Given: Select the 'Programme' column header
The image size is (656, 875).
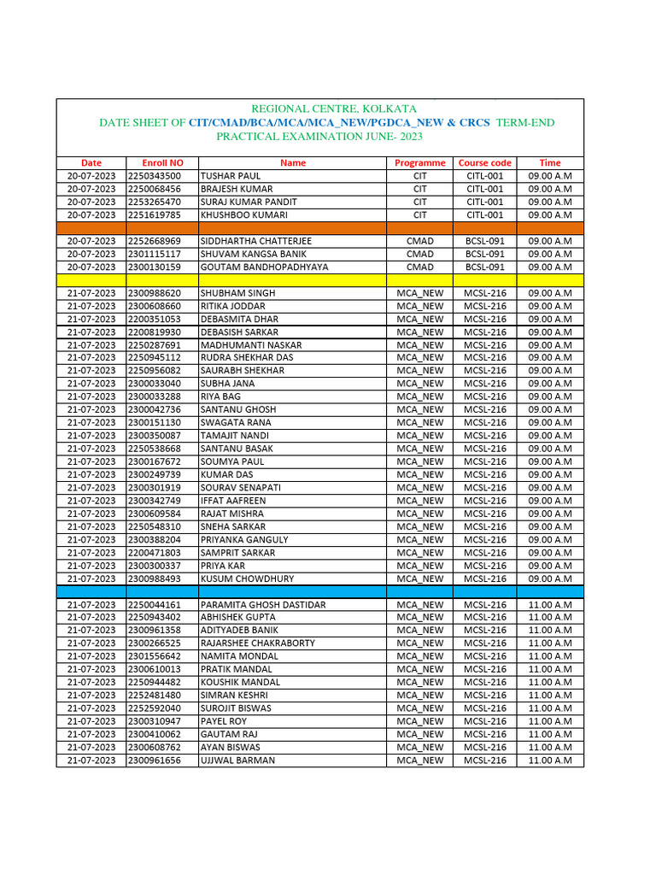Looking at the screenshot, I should [x=419, y=162].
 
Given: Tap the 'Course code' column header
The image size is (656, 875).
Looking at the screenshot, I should [x=484, y=162].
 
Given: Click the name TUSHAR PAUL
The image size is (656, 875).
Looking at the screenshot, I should [x=231, y=176].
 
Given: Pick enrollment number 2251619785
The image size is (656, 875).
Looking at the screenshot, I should [x=155, y=215].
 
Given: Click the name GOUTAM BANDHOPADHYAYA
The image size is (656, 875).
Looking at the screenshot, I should [x=264, y=267].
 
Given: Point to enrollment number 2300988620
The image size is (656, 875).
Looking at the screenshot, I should [x=155, y=293].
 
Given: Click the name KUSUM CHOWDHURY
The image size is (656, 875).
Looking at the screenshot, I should [x=247, y=578].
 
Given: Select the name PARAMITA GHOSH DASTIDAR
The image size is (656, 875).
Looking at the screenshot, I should [x=263, y=605].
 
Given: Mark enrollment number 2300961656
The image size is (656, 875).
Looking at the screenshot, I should [x=155, y=760].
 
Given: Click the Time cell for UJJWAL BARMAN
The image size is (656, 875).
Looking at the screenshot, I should [x=550, y=760].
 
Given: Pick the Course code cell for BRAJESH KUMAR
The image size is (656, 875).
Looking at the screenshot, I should [x=484, y=189].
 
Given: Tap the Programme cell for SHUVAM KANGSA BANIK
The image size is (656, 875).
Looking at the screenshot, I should [x=419, y=254].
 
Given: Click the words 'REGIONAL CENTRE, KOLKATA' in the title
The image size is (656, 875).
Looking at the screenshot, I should [x=333, y=109].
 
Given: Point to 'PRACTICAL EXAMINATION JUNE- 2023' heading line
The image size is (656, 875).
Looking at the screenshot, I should [x=319, y=137].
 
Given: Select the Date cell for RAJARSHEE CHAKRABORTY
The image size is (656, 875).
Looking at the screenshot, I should [x=91, y=643].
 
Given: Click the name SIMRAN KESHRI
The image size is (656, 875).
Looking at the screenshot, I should [x=234, y=696].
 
